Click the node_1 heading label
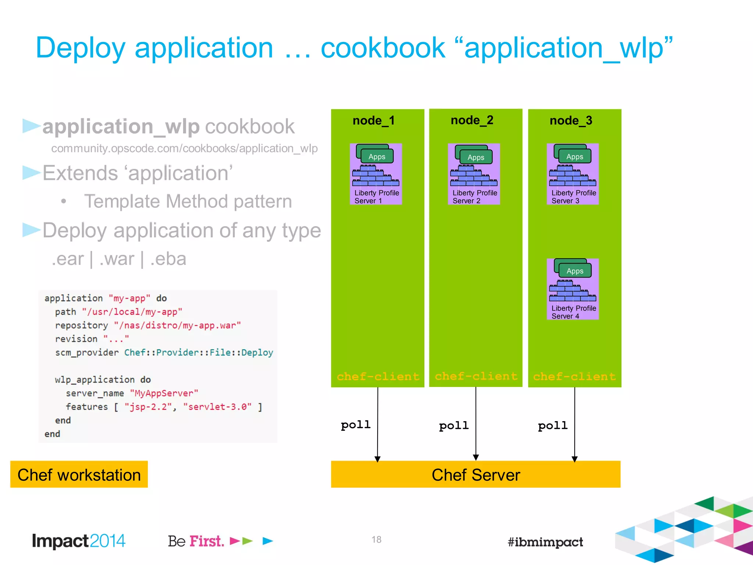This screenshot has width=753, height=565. click(374, 121)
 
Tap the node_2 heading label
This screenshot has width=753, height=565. click(472, 120)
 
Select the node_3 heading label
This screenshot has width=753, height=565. click(571, 121)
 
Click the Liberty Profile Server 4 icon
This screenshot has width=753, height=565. click(573, 289)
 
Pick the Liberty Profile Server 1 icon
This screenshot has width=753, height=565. click(376, 174)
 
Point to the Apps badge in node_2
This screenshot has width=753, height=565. click(476, 157)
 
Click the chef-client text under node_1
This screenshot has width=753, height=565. click(378, 376)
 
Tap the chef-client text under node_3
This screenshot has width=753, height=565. click(574, 376)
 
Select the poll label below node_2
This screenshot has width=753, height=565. click(454, 426)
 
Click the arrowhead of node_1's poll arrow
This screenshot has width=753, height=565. click(378, 459)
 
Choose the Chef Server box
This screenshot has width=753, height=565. click(476, 475)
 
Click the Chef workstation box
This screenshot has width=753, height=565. click(79, 475)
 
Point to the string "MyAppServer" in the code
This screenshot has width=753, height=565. click(164, 393)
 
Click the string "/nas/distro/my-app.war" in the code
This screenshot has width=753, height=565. click(177, 326)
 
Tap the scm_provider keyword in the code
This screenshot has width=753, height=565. click(87, 352)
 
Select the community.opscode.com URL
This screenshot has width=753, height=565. click(184, 148)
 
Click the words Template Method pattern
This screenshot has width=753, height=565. click(188, 202)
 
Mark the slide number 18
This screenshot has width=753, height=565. click(376, 540)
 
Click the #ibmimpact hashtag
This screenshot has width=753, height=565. click(545, 542)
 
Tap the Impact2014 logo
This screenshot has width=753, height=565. click(79, 541)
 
